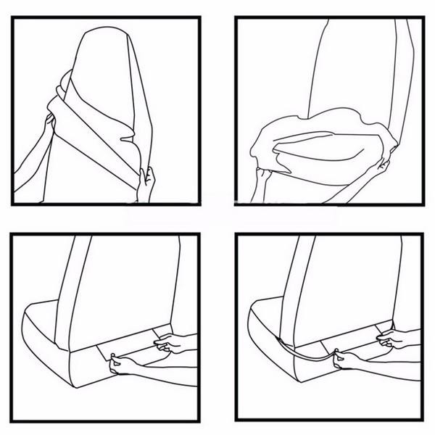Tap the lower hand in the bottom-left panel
tap(116, 362)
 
